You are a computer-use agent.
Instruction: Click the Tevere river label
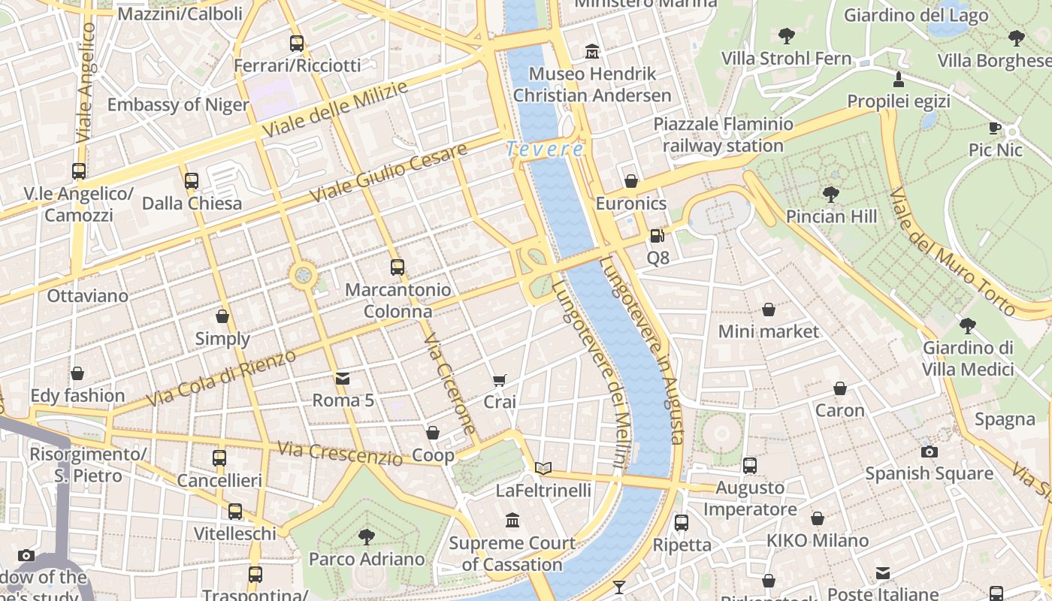pos(545,149)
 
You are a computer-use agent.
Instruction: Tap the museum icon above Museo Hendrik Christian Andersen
pos(593,52)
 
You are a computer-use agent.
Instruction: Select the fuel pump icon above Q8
pos(657,236)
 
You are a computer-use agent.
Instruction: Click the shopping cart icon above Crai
pos(500,381)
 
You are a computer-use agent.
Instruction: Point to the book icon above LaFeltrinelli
pos(543,469)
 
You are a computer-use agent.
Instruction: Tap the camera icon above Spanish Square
pos(930,452)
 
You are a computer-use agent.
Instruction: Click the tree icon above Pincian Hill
pos(831,195)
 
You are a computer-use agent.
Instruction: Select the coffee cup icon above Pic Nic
pos(995,128)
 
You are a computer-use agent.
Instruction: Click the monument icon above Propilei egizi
pos(898,79)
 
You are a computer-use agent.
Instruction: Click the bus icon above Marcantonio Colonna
pos(398,267)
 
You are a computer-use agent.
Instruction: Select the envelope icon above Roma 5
pos(343,378)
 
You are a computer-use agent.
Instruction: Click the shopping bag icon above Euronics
pos(631,181)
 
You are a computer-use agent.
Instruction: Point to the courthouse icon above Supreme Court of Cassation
pos(512,520)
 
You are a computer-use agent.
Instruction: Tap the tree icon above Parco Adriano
pos(367,536)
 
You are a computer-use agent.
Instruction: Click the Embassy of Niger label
pos(178,104)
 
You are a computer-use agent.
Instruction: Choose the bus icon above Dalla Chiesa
pos(192,181)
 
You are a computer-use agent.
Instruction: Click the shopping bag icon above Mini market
pos(769,310)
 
